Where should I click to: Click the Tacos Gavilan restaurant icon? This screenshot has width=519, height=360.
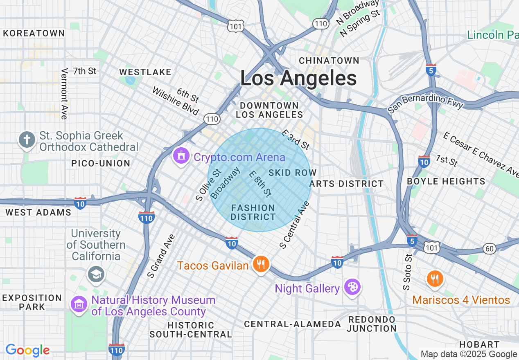pyautogui.click(x=260, y=264)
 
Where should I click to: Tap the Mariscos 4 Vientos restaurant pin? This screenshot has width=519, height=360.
pyautogui.click(x=435, y=279)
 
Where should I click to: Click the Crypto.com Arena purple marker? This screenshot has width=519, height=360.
pyautogui.click(x=181, y=156)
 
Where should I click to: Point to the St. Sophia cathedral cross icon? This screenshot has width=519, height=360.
pyautogui.click(x=27, y=140)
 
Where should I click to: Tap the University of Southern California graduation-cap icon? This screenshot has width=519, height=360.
pyautogui.click(x=96, y=274)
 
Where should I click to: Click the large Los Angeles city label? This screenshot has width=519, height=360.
pyautogui.click(x=298, y=78)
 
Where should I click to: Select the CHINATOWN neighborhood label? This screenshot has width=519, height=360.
pyautogui.click(x=329, y=61)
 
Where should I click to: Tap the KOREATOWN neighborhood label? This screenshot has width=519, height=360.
pyautogui.click(x=34, y=33)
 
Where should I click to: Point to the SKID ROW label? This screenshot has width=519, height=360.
pyautogui.click(x=292, y=173)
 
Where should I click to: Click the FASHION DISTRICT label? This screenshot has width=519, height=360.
pyautogui.click(x=253, y=212)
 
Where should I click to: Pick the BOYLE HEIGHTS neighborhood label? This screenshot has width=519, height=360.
pyautogui.click(x=446, y=181)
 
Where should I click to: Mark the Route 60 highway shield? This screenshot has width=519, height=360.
pyautogui.click(x=490, y=248)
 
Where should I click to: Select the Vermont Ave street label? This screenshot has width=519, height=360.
pyautogui.click(x=64, y=94)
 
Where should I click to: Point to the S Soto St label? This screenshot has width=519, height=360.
pyautogui.click(x=407, y=272)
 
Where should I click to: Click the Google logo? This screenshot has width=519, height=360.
pyautogui.click(x=27, y=350)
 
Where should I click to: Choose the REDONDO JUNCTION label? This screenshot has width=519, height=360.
pyautogui.click(x=372, y=324)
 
